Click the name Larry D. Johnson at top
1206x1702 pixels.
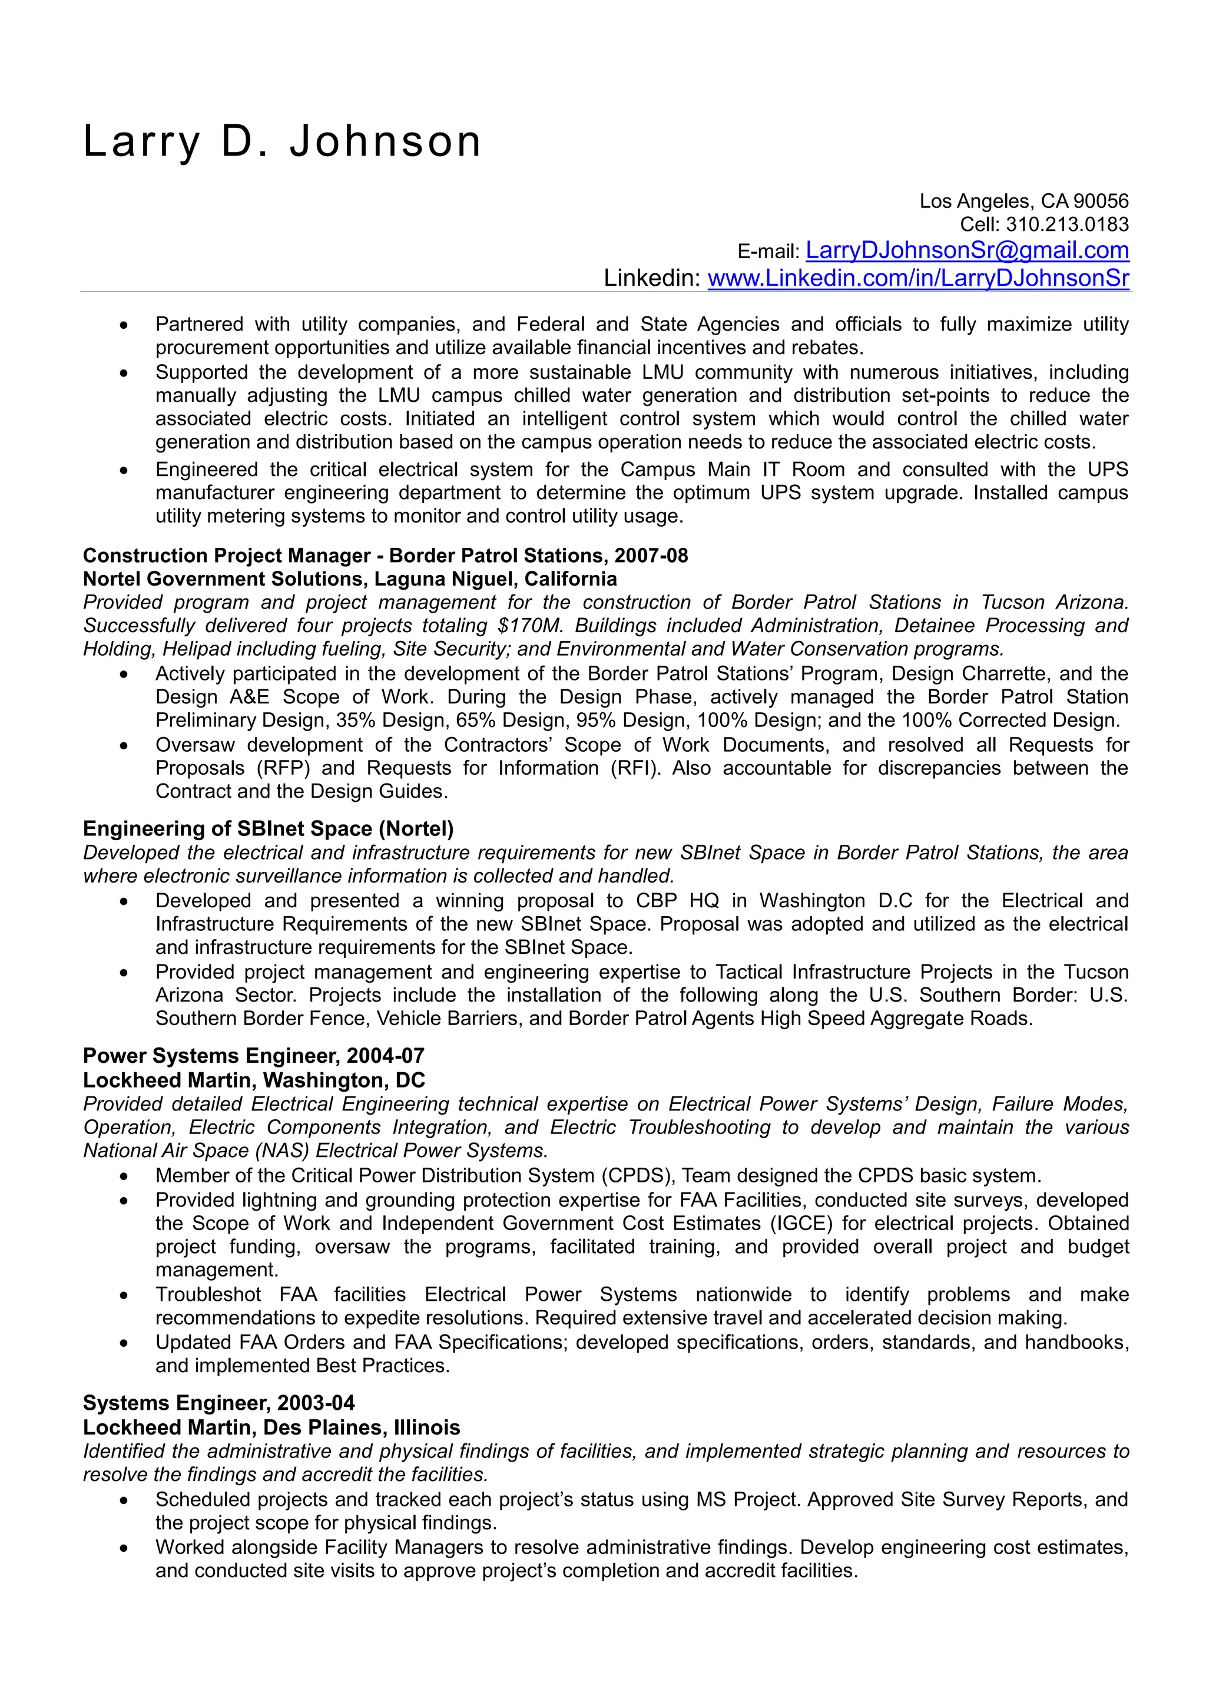pyautogui.click(x=282, y=142)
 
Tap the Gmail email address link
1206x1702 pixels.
pyautogui.click(x=967, y=250)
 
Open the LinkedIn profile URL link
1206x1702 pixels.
pyautogui.click(x=918, y=279)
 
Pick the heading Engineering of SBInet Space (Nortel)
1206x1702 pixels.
pyautogui.click(x=268, y=828)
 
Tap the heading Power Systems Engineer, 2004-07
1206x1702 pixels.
pyautogui.click(x=253, y=1056)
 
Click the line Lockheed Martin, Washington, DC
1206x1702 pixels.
pyautogui.click(x=253, y=1079)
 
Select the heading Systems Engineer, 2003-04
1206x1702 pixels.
pyautogui.click(x=218, y=1403)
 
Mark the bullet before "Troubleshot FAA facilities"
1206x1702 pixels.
pyautogui.click(x=124, y=1295)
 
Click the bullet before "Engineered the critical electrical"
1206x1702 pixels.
pyautogui.click(x=124, y=470)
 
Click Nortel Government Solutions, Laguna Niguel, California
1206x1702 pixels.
pyautogui.click(x=349, y=579)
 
